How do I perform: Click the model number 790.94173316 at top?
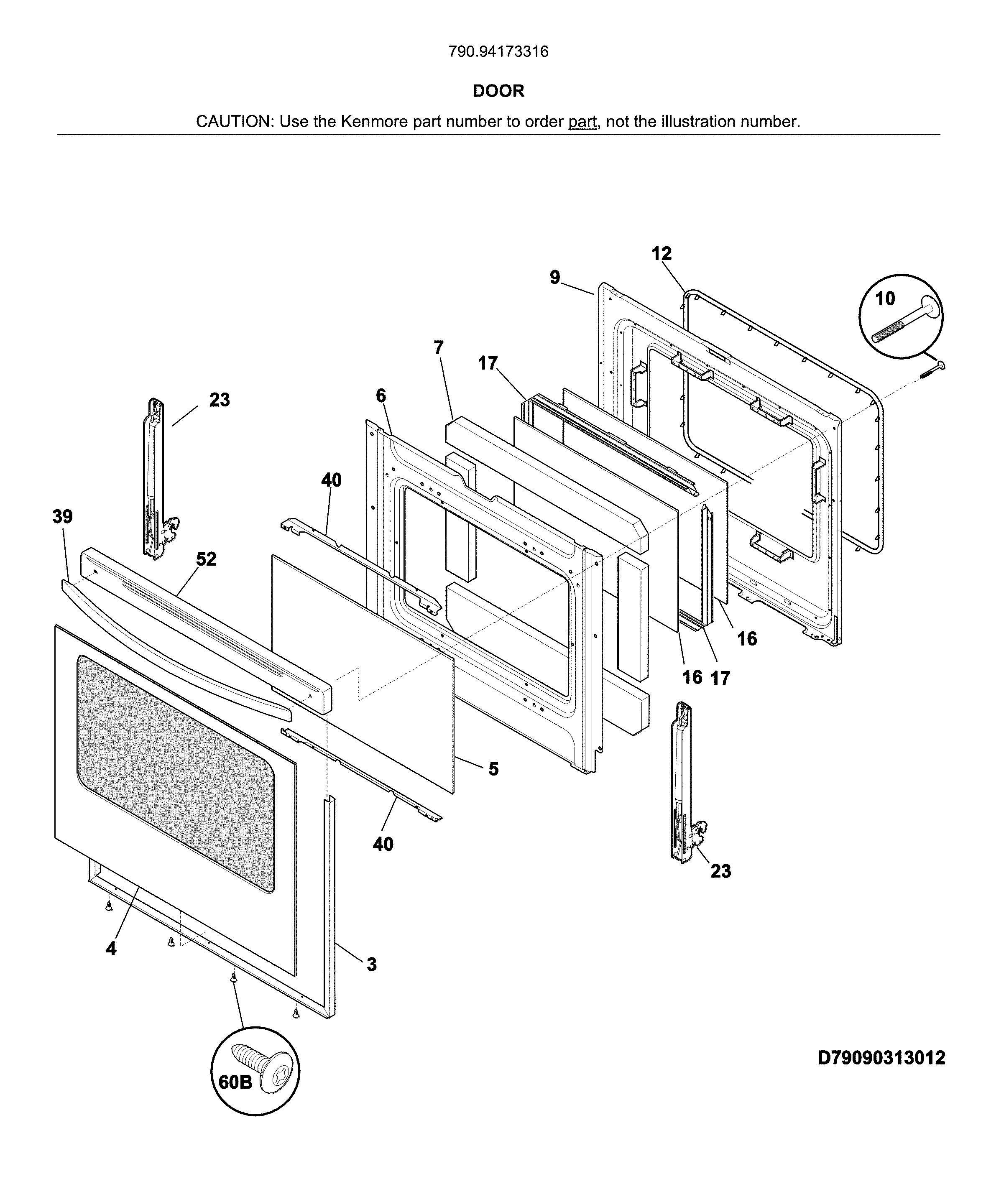498,52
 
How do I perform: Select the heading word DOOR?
498,91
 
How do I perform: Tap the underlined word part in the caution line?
582,122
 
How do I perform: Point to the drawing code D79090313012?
881,1058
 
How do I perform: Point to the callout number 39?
63,516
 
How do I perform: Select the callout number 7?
438,347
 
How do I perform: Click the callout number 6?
381,396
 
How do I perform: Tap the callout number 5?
493,768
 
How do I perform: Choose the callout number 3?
371,964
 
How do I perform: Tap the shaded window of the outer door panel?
175,773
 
